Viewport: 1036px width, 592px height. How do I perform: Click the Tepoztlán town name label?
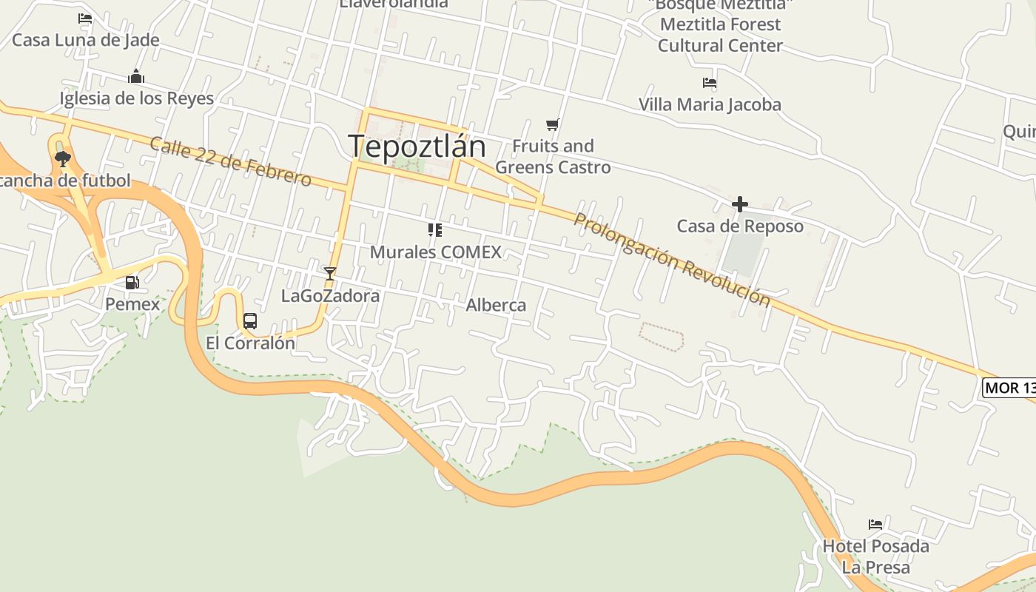point(417,146)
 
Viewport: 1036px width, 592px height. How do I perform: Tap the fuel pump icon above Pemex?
point(132,282)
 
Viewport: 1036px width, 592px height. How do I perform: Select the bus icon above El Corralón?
point(250,320)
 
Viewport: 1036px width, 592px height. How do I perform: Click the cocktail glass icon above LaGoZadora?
point(330,274)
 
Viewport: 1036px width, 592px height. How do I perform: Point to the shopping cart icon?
point(552,124)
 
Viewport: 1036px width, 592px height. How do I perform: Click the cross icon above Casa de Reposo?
point(739,204)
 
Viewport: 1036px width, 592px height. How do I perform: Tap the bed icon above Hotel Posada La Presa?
point(875,525)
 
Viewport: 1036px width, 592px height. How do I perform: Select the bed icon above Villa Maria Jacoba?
point(710,83)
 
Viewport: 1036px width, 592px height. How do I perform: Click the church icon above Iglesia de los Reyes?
point(135,76)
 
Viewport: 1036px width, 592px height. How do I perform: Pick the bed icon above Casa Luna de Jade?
point(85,18)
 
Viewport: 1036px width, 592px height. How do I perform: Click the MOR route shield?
point(1009,387)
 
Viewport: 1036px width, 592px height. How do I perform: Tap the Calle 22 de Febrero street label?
point(230,161)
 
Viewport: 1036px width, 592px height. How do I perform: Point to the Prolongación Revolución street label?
point(672,259)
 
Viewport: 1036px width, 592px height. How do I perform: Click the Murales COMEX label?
point(435,252)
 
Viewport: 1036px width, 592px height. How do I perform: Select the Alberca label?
point(496,305)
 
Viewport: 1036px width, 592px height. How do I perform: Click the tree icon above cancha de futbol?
point(63,158)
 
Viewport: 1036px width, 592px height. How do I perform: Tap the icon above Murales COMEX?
point(435,230)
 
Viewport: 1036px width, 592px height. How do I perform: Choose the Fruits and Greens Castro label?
point(553,156)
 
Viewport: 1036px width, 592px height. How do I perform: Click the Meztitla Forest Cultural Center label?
point(720,35)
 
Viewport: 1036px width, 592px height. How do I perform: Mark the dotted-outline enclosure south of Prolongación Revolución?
point(661,336)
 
